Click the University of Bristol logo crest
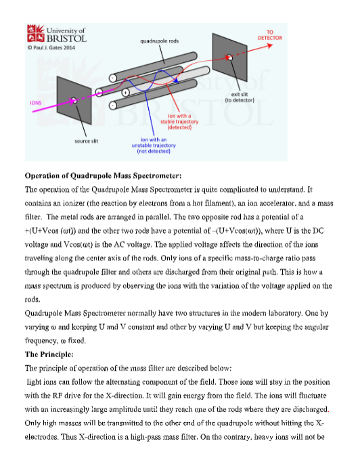(36, 33)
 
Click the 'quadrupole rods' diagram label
(160, 41)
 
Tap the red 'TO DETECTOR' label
(270, 35)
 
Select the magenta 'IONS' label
(36, 103)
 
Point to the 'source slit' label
(86, 141)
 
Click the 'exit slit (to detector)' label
(240, 97)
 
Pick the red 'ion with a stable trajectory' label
(179, 122)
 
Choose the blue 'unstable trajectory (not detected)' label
(154, 145)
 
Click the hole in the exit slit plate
(229, 57)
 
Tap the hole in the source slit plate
(74, 100)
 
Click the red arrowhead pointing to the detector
(269, 45)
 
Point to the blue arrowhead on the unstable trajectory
(176, 80)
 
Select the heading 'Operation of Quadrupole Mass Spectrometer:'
(103, 176)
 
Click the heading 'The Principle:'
(49, 354)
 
